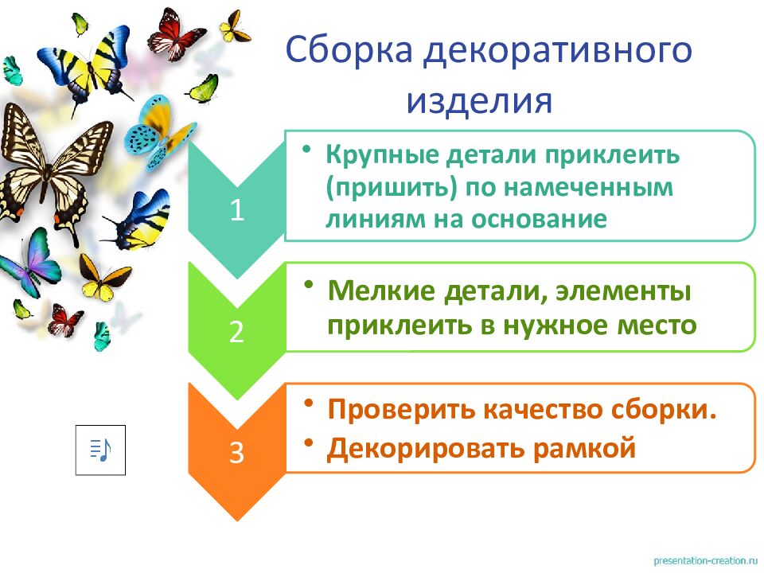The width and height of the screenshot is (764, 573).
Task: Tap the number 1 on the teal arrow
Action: (236, 210)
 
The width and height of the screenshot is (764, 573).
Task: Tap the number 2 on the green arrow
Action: (236, 331)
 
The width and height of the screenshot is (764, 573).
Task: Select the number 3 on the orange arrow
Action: (236, 452)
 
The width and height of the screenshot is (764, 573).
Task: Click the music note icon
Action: (100, 450)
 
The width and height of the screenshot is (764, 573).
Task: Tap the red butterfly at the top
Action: (177, 33)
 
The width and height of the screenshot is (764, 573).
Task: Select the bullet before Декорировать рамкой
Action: (307, 442)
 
